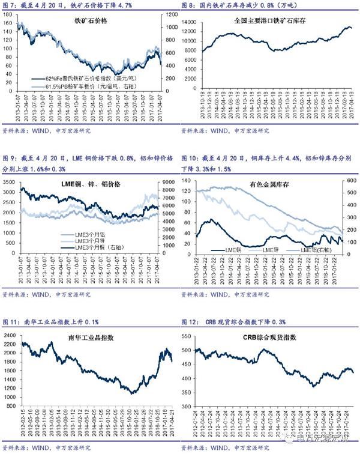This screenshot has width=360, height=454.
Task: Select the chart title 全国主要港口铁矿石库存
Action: coord(269,20)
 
